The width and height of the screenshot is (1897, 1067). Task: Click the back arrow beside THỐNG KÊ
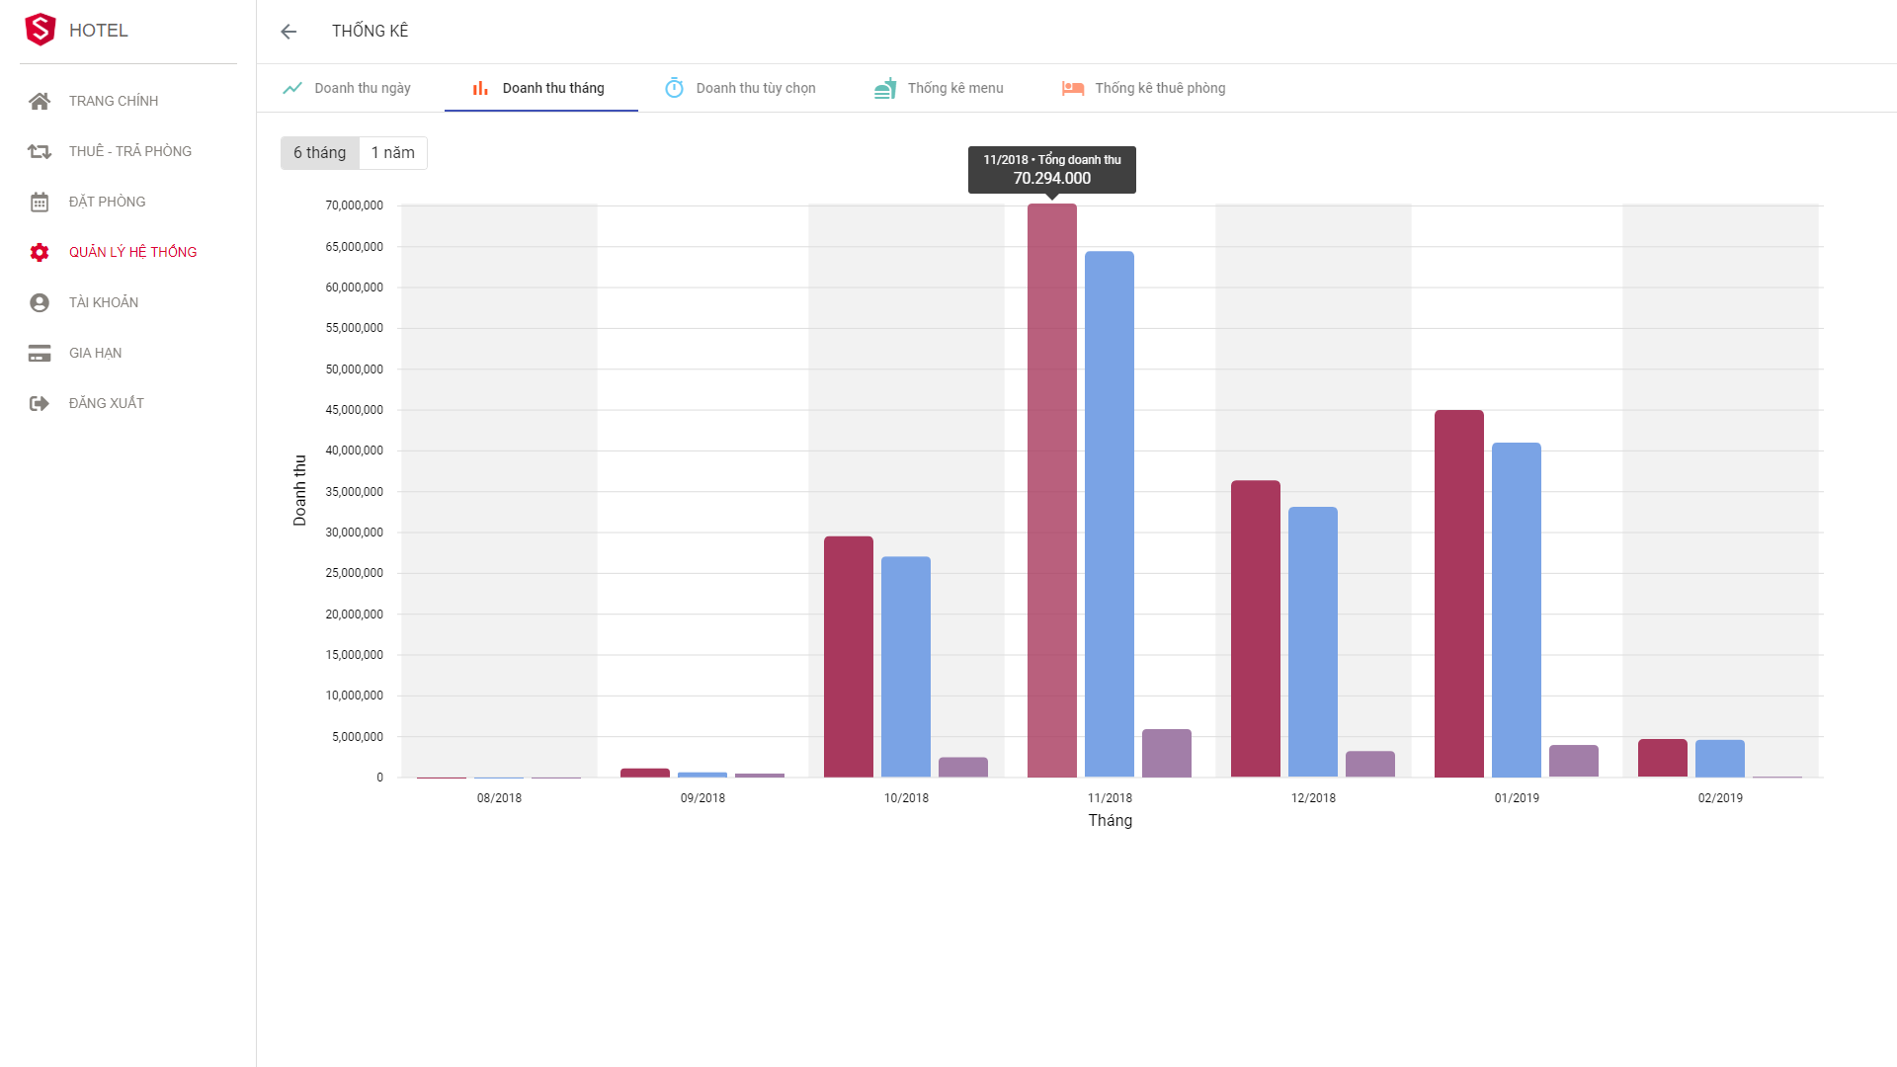pyautogui.click(x=289, y=32)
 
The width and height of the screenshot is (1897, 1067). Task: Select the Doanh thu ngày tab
pyautogui.click(x=347, y=88)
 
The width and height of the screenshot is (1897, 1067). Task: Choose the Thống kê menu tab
pyautogui.click(x=939, y=88)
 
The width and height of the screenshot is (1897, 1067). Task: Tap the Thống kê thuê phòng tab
pyautogui.click(x=1143, y=88)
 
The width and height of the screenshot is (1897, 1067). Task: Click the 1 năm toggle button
pyautogui.click(x=392, y=153)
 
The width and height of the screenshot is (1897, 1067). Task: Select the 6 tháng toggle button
pyautogui.click(x=320, y=153)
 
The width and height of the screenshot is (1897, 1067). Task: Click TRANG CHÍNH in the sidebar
pyautogui.click(x=113, y=101)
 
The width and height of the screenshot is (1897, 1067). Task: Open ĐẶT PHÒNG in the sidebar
pyautogui.click(x=107, y=202)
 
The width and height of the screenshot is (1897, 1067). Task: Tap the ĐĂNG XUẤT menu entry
pyautogui.click(x=106, y=403)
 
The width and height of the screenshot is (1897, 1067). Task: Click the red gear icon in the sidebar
pyautogui.click(x=40, y=252)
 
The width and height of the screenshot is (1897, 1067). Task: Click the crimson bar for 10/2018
pyautogui.click(x=849, y=657)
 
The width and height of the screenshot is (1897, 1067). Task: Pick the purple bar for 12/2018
pyautogui.click(x=1370, y=764)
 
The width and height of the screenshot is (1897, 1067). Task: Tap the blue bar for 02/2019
pyautogui.click(x=1720, y=758)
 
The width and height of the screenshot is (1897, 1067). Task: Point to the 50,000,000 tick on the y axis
pyautogui.click(x=355, y=369)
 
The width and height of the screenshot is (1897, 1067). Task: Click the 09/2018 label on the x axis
pyautogui.click(x=702, y=798)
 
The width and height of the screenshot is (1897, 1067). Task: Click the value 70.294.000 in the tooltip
pyautogui.click(x=1052, y=179)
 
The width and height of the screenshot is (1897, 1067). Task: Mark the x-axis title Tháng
pyautogui.click(x=1111, y=821)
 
